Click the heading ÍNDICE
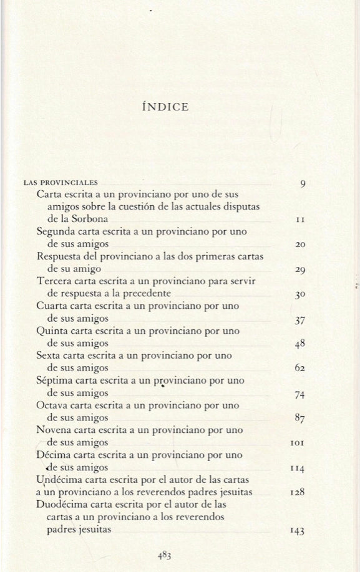[165, 107]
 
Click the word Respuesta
[60, 256]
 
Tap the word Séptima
[56, 381]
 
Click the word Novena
[54, 430]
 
